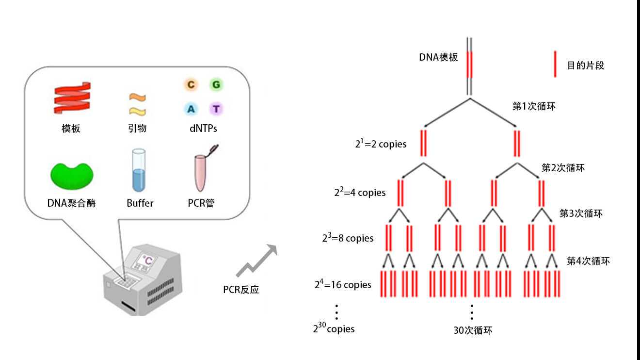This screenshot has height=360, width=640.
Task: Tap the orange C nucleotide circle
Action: (x=191, y=85)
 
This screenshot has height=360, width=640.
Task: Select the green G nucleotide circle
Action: (x=216, y=85)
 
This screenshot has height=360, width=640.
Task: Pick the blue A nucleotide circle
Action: (x=191, y=109)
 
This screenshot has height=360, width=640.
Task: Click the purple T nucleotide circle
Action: (x=216, y=109)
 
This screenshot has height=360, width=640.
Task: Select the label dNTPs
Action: (x=203, y=129)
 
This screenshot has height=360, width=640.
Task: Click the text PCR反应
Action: (x=241, y=290)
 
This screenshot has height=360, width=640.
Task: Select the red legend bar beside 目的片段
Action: (x=555, y=64)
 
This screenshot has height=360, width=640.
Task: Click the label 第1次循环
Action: (x=534, y=106)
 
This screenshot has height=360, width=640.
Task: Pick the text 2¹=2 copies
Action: (x=381, y=144)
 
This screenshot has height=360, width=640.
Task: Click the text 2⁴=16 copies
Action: (x=343, y=284)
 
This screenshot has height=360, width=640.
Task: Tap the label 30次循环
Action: (x=473, y=330)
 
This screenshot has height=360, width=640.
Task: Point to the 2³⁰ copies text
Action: (x=334, y=328)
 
